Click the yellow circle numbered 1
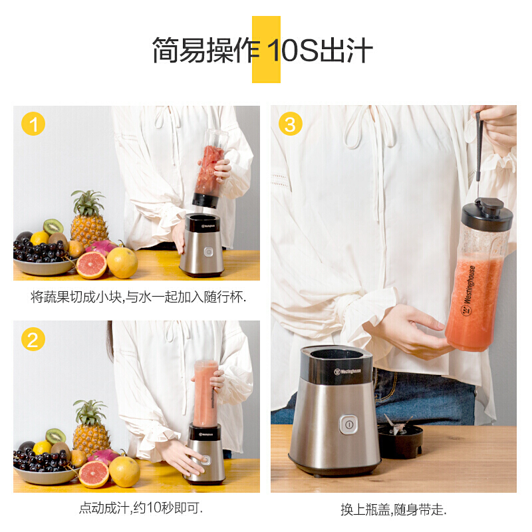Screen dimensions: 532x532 coord(33,124)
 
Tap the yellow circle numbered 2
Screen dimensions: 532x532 coord(33,339)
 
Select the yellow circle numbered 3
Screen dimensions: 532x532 coord(291,124)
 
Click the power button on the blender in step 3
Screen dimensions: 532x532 coord(348,424)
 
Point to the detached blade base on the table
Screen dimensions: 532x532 coord(400,437)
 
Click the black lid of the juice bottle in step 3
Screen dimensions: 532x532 coord(487,214)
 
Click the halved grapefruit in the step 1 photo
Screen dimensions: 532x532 coord(92,265)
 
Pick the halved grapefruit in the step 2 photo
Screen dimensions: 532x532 coord(94,474)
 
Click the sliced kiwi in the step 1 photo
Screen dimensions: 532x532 coord(53,226)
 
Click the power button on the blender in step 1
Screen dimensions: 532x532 coord(208,252)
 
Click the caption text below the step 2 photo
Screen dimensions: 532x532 coord(141,508)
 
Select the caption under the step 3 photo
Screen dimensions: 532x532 coord(394,509)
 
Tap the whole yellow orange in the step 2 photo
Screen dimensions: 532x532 coord(124,471)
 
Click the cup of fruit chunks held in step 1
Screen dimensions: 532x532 coord(210,168)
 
